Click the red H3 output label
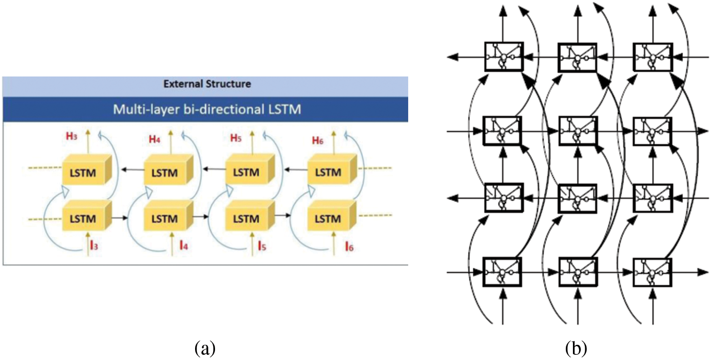[x=72, y=136]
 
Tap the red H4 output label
[x=154, y=139]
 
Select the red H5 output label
[x=236, y=138]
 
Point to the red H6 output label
[x=318, y=140]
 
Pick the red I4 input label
[x=184, y=245]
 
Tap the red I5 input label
[x=262, y=246]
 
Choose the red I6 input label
[x=349, y=246]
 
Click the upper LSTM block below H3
[x=86, y=169]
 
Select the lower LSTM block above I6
[x=332, y=215]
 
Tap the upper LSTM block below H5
[x=250, y=169]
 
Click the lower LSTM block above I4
[x=169, y=215]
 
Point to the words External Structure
[x=207, y=84]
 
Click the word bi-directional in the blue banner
[x=224, y=109]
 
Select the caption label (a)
[x=205, y=348]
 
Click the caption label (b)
[x=576, y=348]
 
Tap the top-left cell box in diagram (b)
[x=504, y=57]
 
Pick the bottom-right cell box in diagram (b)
[x=653, y=272]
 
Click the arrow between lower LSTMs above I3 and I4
[x=120, y=218]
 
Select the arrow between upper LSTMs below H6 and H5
[x=296, y=170]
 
